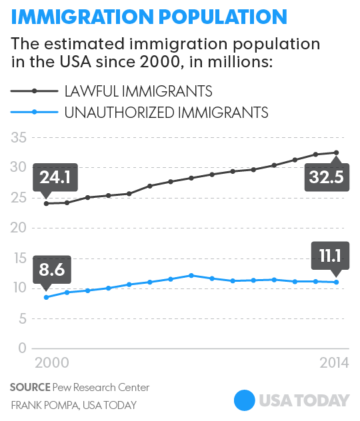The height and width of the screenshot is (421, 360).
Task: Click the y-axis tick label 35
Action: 17,137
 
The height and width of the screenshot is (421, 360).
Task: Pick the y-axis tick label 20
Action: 17,228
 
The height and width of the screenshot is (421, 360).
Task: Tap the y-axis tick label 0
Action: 21,348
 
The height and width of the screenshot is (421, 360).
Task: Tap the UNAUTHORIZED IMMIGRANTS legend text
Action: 166,112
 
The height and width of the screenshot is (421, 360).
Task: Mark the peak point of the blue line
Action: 191,275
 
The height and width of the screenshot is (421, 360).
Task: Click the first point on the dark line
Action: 46,203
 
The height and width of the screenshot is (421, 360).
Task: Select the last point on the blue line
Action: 337,282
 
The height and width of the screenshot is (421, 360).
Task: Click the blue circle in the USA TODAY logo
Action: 245,400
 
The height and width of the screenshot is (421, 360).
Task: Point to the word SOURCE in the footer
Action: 31,388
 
